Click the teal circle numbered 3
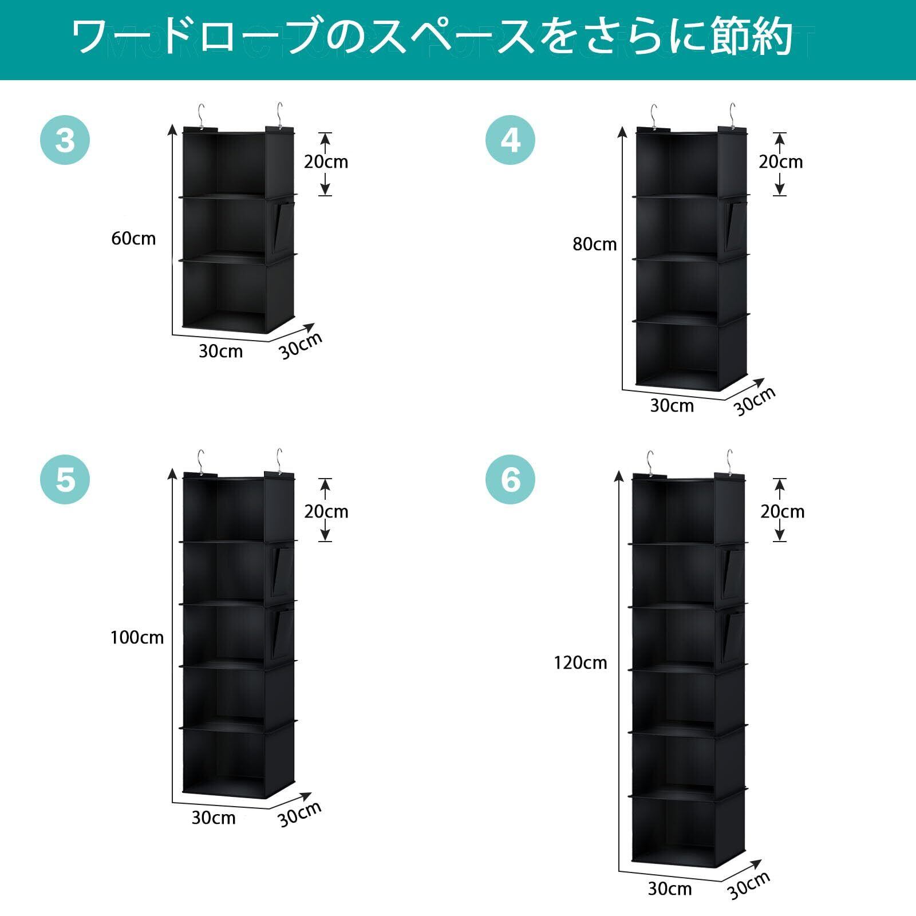[65, 140]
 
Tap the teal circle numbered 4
[510, 140]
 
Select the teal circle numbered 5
[65, 479]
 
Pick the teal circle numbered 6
[510, 479]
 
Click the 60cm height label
[133, 238]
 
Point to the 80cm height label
[595, 244]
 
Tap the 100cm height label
[137, 637]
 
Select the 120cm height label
[580, 663]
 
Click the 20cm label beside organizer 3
[326, 162]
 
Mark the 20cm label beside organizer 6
[782, 511]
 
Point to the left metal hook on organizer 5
[200, 461]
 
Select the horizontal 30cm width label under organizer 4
[672, 406]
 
